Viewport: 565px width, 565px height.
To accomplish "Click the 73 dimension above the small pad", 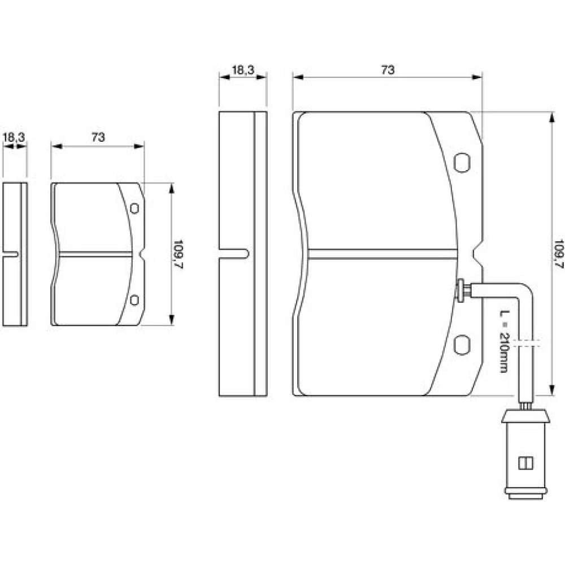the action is [98, 137].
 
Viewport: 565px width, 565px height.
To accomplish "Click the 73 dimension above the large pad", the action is [388, 69].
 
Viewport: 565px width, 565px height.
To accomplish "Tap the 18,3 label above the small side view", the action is [14, 137].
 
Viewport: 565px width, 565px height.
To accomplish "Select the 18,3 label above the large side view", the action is [243, 69].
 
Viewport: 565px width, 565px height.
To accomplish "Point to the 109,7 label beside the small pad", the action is [179, 255].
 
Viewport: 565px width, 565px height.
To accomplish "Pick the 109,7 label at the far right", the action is [559, 254].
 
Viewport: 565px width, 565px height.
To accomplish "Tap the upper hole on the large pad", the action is [462, 163].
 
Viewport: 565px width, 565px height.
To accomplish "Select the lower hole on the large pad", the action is [462, 345].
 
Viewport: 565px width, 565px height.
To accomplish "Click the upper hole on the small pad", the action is [134, 208].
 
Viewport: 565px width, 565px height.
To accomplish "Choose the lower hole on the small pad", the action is [134, 299].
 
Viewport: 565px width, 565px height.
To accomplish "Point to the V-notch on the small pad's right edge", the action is [142, 254].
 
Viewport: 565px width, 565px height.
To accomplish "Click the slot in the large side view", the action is [234, 254].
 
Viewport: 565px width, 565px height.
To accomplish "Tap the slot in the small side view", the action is [10, 254].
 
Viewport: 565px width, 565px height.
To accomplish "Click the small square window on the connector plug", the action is [525, 463].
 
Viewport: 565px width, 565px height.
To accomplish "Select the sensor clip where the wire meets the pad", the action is [462, 290].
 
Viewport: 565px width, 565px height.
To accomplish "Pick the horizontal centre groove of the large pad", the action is [383, 254].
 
